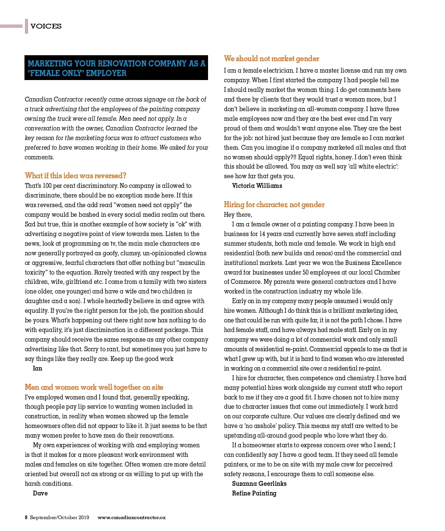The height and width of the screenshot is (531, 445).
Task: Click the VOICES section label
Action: click(x=46, y=26)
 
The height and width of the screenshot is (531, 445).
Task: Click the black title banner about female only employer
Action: click(x=116, y=68)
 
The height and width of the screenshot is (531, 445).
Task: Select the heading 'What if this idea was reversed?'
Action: click(x=76, y=176)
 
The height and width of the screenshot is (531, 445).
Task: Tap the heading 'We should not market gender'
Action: click(x=271, y=59)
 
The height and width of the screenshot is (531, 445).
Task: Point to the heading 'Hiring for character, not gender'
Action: click(x=274, y=205)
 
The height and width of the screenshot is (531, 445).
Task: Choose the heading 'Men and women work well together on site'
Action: click(x=94, y=387)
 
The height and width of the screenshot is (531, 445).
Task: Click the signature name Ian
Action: click(x=37, y=368)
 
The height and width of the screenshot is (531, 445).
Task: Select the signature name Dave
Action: click(x=40, y=493)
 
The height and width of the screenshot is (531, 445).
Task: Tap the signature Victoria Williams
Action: click(x=257, y=186)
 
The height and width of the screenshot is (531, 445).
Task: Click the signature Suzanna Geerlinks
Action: click(x=259, y=484)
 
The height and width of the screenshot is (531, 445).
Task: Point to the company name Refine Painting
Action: click(x=254, y=493)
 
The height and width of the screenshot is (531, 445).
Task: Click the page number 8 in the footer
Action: click(x=26, y=518)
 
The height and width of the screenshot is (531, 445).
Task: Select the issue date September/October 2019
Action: click(x=59, y=518)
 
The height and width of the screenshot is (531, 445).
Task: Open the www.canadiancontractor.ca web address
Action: click(x=131, y=518)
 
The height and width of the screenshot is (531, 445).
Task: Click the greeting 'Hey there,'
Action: click(x=238, y=215)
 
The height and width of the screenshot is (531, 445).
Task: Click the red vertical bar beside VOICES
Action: click(x=26, y=26)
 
